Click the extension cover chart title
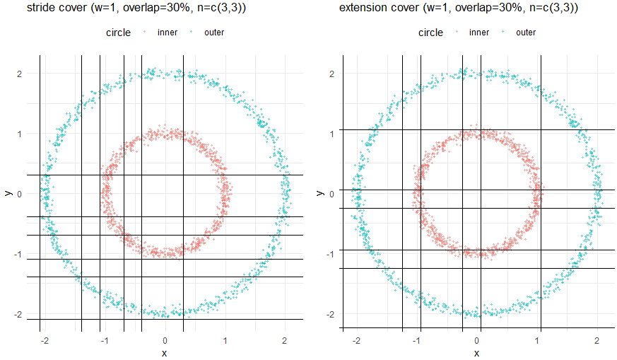[459, 8]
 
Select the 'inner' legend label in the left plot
[168, 33]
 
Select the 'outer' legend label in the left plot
[214, 33]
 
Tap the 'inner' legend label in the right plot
[479, 33]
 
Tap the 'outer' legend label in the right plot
[526, 33]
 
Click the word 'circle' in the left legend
[118, 33]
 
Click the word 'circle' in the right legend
[430, 33]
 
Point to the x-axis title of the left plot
[164, 352]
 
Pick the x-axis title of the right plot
[477, 352]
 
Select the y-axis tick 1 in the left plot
[20, 134]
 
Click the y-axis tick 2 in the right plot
[333, 74]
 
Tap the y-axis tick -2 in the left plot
[19, 314]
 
